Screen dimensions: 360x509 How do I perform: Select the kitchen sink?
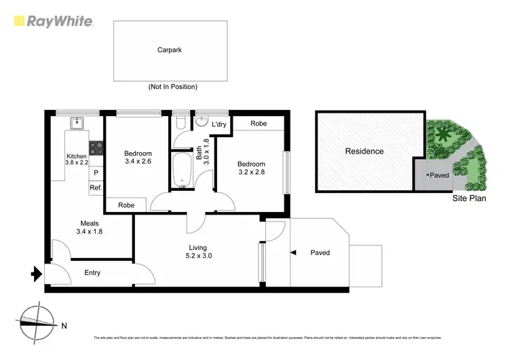tap(78, 124)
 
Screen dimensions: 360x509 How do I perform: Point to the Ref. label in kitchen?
tap(96, 187)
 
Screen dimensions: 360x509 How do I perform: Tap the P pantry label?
tap(96, 173)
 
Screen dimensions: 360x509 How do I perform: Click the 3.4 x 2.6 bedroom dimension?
tap(138, 162)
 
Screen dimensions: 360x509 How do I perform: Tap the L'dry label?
tap(219, 124)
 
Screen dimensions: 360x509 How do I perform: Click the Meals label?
tap(90, 222)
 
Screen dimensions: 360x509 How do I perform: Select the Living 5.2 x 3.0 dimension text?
tap(198, 257)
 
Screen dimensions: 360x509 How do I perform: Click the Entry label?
tap(92, 273)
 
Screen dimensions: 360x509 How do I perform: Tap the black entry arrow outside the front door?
tap(36, 275)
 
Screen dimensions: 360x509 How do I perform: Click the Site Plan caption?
tap(469, 199)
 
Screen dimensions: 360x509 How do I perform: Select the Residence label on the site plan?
tap(364, 151)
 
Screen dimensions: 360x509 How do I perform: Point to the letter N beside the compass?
tap(64, 326)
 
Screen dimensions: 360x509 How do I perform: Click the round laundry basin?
tap(202, 122)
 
